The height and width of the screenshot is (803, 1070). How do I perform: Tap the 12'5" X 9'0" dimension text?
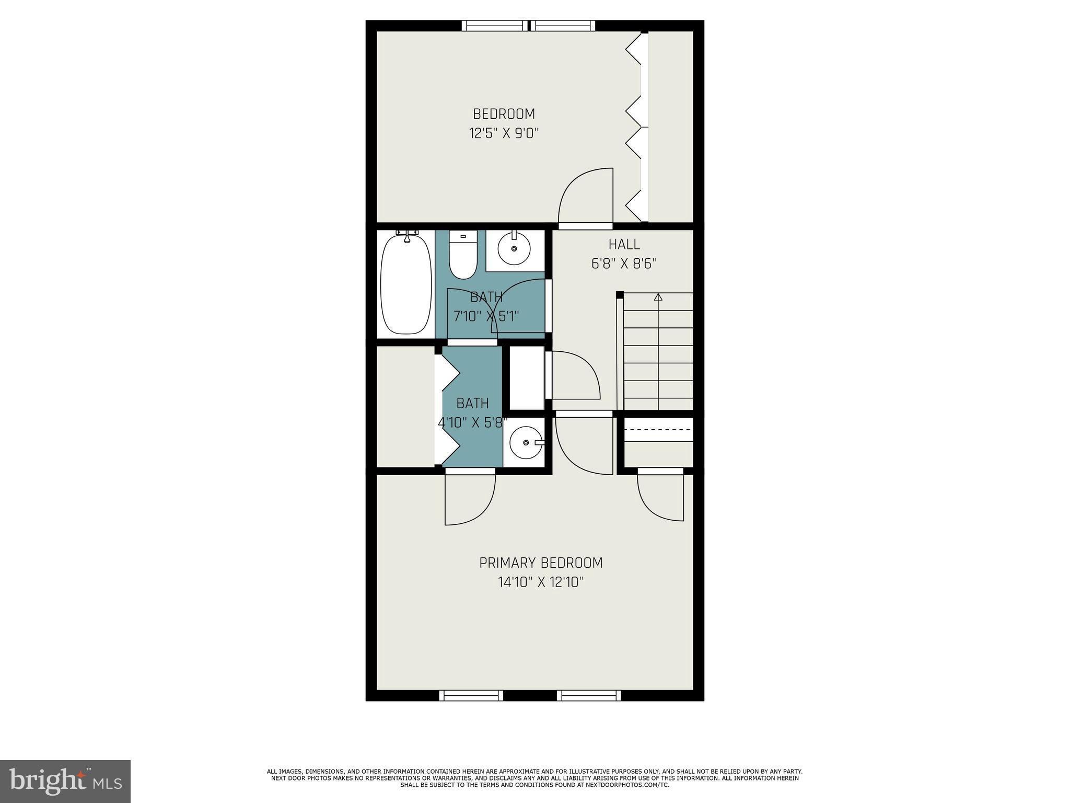[504, 133]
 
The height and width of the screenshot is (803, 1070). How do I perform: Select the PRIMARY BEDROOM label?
[541, 563]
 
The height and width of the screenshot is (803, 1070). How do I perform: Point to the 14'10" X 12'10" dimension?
[541, 582]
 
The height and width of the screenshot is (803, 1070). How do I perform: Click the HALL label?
[624, 244]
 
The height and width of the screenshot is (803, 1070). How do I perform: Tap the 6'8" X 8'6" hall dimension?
[624, 263]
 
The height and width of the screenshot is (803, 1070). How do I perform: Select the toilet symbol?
[463, 258]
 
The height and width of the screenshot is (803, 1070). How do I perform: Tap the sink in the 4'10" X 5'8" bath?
[526, 442]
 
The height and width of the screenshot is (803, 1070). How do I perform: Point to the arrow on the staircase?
[658, 297]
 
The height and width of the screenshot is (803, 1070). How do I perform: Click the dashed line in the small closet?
[658, 429]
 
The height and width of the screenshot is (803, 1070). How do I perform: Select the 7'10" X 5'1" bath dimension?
[486, 316]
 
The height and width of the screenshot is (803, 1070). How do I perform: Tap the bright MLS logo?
[65, 781]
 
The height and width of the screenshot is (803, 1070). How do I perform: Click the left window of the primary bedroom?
[471, 695]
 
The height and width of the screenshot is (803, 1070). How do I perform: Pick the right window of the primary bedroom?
[589, 695]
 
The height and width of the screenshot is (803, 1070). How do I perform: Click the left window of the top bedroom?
[495, 26]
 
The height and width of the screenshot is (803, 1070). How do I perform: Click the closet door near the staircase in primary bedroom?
[661, 497]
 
